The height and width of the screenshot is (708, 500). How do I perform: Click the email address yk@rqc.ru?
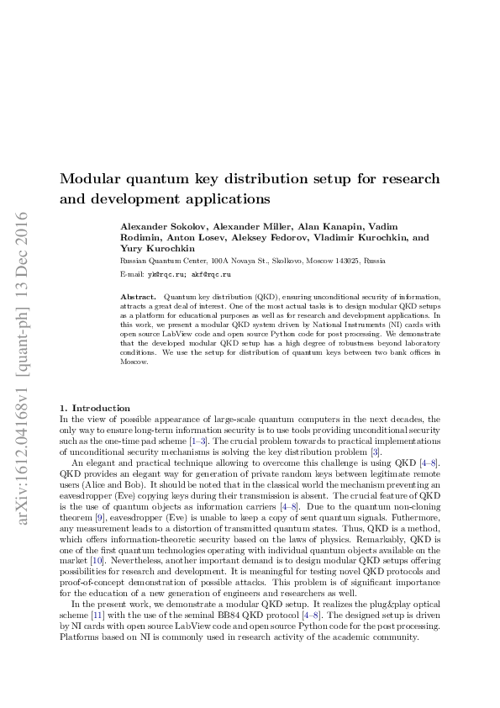(x=167, y=274)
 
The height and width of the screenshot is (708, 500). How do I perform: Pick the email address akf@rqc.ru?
(x=211, y=274)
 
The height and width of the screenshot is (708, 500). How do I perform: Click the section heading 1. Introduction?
(x=95, y=408)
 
